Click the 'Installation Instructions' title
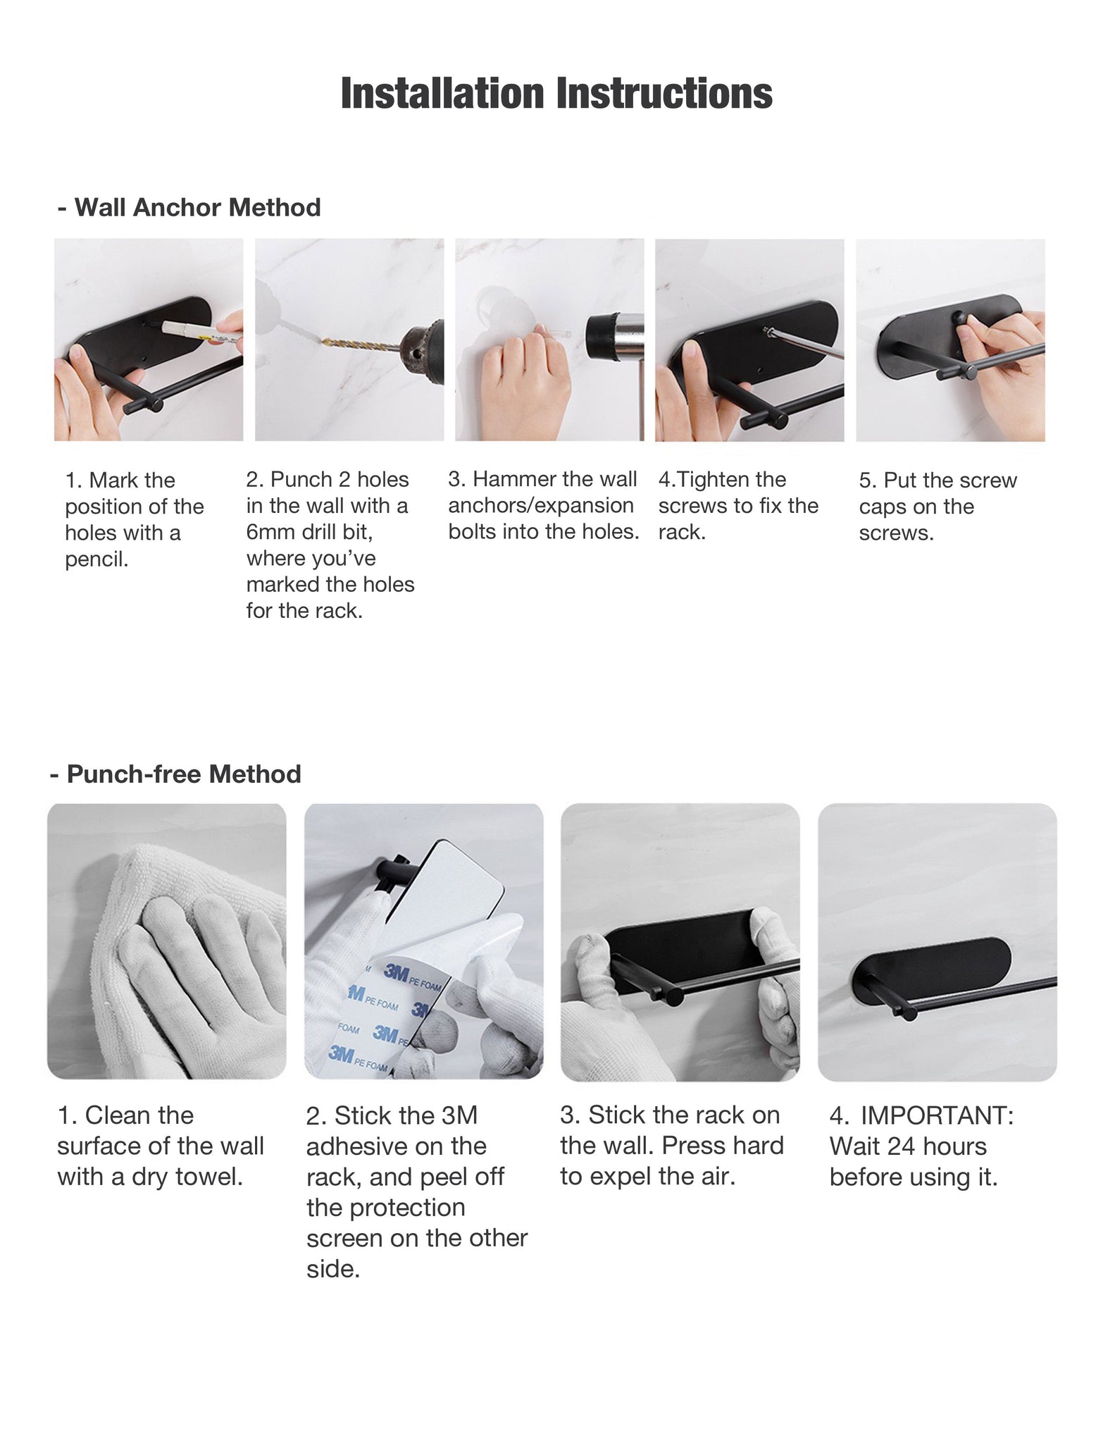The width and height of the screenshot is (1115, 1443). click(x=556, y=93)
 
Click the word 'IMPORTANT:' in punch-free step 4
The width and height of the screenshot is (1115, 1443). click(x=937, y=1116)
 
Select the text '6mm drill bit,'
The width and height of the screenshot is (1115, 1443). click(x=309, y=532)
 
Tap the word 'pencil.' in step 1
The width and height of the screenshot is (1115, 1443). click(x=97, y=560)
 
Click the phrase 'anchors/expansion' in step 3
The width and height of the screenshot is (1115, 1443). click(x=541, y=506)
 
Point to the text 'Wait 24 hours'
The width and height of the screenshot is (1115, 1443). click(x=908, y=1146)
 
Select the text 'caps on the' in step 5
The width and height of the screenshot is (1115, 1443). click(x=916, y=507)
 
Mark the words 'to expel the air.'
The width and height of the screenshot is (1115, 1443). click(x=648, y=1177)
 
